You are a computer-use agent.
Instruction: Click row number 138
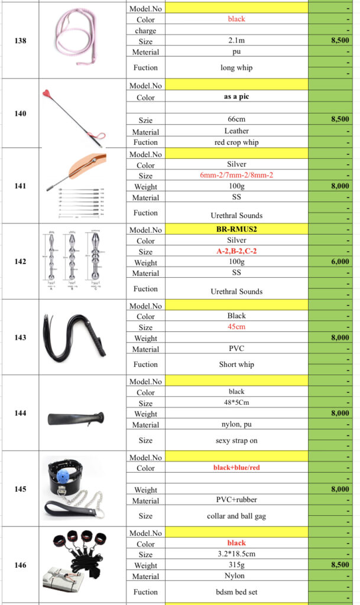[20, 41]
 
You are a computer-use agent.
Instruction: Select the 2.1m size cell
[236, 41]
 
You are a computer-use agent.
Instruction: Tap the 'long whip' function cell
[236, 67]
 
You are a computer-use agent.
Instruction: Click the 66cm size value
[236, 119]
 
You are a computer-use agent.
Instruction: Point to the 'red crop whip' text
[236, 142]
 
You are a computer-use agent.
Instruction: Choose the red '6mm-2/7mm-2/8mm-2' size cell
[236, 175]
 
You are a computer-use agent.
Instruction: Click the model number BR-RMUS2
[236, 229]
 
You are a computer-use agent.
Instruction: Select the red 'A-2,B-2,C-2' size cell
[236, 251]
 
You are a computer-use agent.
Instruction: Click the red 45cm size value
[236, 327]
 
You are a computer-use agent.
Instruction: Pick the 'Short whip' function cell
[236, 365]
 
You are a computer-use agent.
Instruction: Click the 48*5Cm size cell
[236, 403]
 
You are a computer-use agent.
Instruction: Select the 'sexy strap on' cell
[236, 440]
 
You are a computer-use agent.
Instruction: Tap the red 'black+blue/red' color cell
[236, 467]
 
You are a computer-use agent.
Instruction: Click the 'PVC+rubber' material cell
[236, 500]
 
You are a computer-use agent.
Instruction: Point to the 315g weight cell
[236, 565]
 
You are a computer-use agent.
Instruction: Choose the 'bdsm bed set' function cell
[236, 591]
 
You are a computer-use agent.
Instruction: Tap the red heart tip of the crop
[47, 93]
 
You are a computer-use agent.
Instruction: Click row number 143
[20, 337]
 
